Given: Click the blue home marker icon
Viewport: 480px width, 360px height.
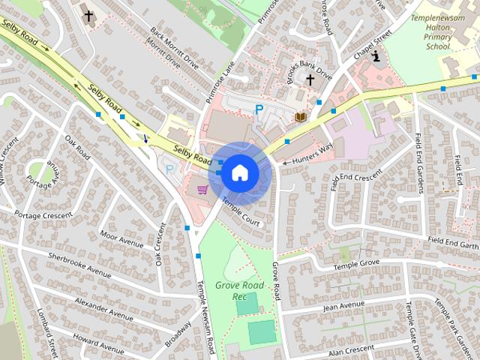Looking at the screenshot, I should pyautogui.click(x=239, y=172).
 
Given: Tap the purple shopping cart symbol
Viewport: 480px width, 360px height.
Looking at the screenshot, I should pyautogui.click(x=202, y=189).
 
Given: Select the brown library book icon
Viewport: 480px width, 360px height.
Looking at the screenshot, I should pyautogui.click(x=301, y=118).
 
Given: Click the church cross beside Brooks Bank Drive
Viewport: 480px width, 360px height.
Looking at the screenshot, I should pyautogui.click(x=310, y=79).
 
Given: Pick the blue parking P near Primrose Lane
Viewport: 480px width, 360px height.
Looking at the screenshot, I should pyautogui.click(x=259, y=110).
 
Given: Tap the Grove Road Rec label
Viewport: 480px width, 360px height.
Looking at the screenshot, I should pyautogui.click(x=240, y=291).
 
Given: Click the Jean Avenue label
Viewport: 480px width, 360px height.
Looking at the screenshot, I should pyautogui.click(x=343, y=306).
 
